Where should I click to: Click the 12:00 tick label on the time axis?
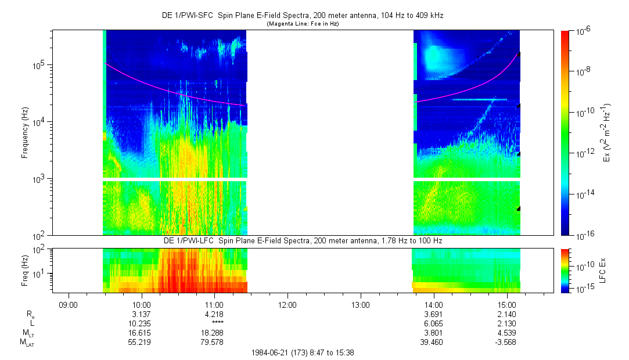287,304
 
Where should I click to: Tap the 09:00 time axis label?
69,304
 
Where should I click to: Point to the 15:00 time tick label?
507,304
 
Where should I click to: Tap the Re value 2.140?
507,314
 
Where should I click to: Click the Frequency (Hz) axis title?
26,133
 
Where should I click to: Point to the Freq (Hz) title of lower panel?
26,270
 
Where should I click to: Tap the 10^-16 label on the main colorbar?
583,235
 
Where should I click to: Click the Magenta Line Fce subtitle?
302,24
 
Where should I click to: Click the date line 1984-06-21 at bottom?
302,352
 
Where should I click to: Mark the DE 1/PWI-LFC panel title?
302,240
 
